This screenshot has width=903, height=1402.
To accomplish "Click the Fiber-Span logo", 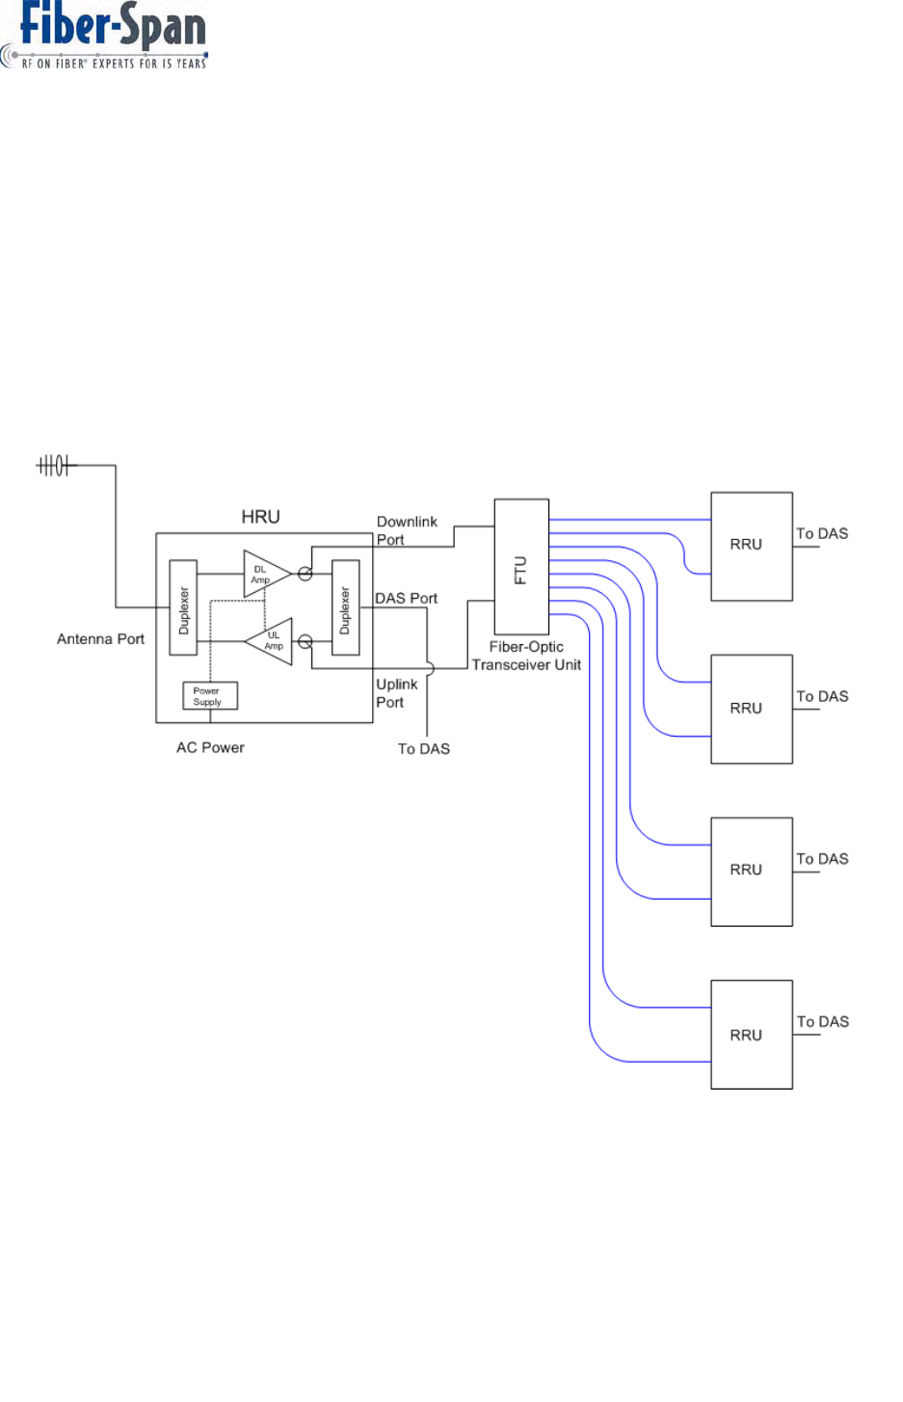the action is pos(104,35).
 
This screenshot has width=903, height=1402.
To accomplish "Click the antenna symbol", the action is pos(56,466).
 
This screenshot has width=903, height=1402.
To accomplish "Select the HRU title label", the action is pos(261,517).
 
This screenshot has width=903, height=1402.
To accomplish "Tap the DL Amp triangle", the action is pos(267,574).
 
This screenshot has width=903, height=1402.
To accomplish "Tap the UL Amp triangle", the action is pos(269,641).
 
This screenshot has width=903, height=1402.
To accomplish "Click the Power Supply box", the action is pos(210,695).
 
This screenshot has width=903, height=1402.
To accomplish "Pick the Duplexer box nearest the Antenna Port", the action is pos(183,607).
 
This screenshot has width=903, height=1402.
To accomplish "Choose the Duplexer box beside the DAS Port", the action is pos(345,607).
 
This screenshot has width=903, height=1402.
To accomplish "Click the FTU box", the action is pos(521,567).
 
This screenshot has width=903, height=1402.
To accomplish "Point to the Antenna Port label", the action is pos(100,639).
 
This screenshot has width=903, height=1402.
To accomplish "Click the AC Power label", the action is pos(210,747).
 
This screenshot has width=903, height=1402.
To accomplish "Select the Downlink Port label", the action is pos(407,530).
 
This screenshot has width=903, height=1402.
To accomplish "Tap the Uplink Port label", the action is pos(396,693).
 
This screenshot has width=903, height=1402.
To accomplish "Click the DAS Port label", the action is pos(406,599).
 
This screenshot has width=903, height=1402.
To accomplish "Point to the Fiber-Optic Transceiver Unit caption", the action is pos(526,656).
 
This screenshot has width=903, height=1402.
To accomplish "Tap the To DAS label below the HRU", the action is pos(424,748).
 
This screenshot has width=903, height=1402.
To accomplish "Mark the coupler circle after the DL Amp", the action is pos(305,574).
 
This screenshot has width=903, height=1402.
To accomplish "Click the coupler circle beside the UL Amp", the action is pos(305,641).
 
